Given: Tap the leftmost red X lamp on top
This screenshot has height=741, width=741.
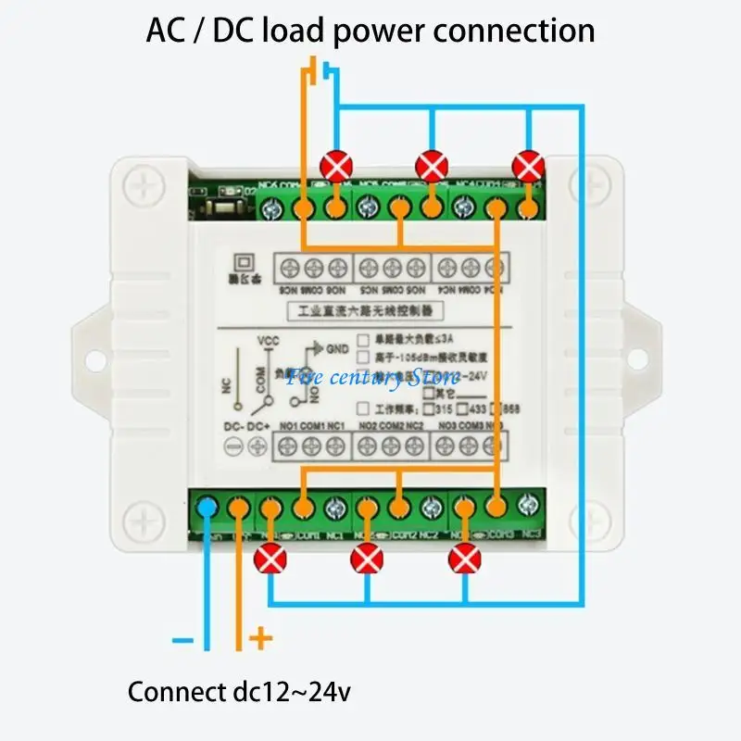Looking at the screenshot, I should click(334, 167).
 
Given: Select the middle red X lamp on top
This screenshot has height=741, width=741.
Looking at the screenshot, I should click(432, 167).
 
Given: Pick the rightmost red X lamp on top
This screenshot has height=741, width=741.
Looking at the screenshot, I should click(528, 167).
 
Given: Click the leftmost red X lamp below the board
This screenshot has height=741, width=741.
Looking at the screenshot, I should click(270, 559).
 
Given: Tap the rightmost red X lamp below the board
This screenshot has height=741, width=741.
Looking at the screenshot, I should click(464, 559).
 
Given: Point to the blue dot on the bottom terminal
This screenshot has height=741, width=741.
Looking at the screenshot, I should click(208, 507).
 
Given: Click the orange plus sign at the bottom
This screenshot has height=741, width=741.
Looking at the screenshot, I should click(263, 637).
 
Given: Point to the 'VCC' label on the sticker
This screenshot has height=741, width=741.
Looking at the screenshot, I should click(268, 339).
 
